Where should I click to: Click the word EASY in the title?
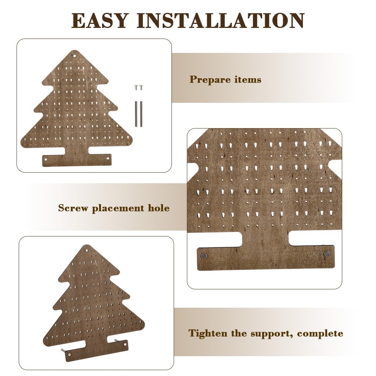100,21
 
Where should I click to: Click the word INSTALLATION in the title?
221,21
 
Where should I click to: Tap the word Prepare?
210,80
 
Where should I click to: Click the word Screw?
73,208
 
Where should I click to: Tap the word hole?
159,208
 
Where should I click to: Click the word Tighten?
208,333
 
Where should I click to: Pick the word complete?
320,334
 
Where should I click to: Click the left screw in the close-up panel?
204,256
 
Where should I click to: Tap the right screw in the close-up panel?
326,254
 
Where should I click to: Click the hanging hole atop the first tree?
74,56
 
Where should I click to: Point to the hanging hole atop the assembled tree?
87,250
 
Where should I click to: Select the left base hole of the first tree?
46,159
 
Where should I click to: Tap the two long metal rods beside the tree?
138,114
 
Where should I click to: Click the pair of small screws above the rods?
138,87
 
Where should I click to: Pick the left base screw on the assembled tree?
69,354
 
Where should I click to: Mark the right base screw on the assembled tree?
125,344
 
